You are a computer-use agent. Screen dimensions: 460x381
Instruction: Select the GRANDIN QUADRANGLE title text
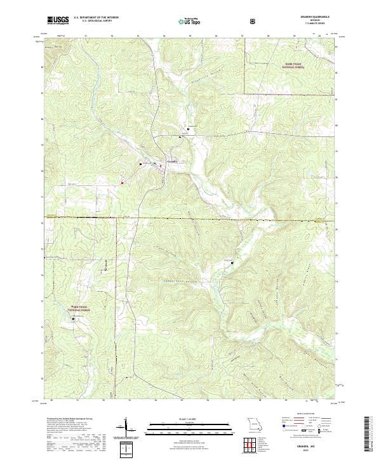[315, 16]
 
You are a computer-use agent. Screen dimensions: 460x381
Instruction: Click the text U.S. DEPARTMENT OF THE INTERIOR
[95, 17]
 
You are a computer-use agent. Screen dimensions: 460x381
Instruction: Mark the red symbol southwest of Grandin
[122, 184]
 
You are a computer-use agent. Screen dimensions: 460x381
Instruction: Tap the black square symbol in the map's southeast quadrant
[232, 263]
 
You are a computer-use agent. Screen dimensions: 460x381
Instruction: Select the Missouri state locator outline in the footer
[255, 423]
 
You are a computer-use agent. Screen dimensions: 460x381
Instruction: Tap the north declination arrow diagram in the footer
[126, 428]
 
